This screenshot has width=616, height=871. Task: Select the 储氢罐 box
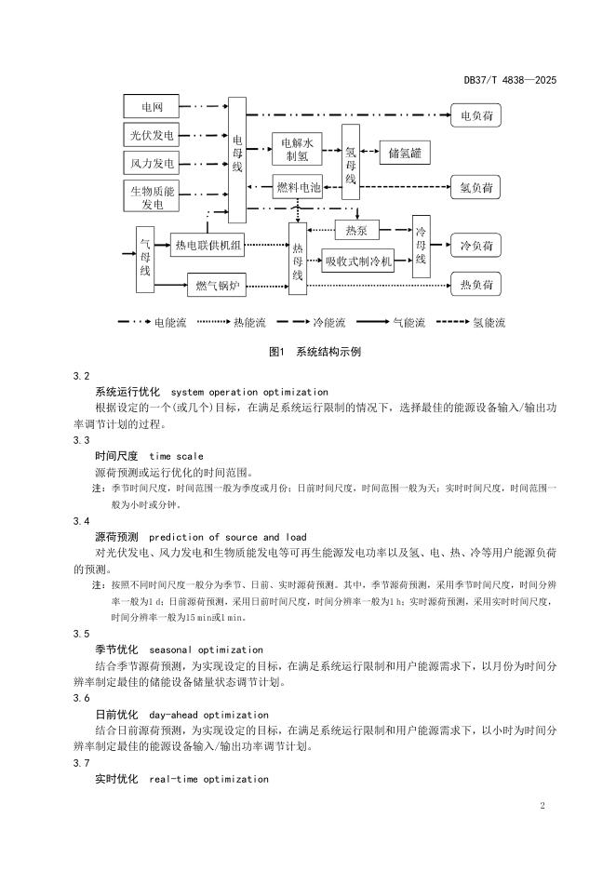(x=410, y=153)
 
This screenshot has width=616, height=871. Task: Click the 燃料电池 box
(x=298, y=187)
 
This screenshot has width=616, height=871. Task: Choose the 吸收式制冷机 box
(x=358, y=262)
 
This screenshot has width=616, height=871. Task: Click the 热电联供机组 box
(x=208, y=246)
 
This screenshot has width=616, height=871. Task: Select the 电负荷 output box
(x=476, y=116)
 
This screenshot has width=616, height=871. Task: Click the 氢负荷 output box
(x=476, y=188)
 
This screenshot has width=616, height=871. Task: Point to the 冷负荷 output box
(x=476, y=247)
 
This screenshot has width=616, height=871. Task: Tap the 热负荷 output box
(x=476, y=283)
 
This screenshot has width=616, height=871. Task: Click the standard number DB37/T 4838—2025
(x=510, y=81)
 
